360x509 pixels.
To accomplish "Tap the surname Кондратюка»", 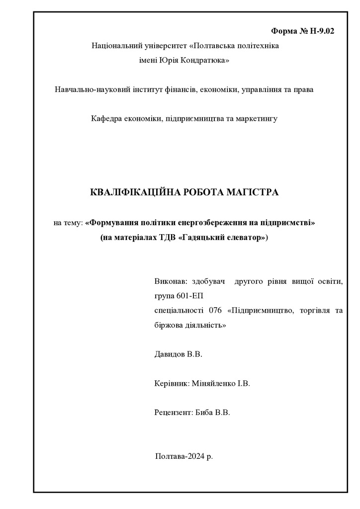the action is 206,60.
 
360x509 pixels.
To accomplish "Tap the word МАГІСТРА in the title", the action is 251,192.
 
